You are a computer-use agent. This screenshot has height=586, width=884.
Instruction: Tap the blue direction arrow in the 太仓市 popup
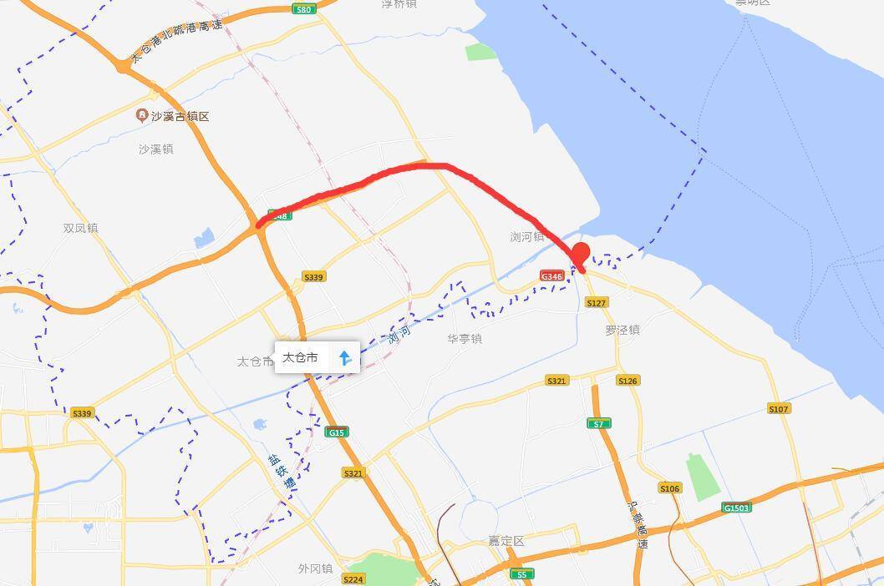coord(344,358)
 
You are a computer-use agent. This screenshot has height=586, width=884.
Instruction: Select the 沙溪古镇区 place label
coord(174,116)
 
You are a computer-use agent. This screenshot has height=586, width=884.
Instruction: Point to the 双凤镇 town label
coord(80,228)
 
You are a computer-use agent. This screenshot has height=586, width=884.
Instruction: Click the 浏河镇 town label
coord(527,237)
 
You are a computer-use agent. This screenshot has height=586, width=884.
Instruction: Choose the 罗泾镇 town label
coord(622,330)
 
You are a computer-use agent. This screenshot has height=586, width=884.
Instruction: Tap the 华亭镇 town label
coord(465,339)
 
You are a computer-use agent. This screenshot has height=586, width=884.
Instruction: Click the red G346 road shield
coord(551,275)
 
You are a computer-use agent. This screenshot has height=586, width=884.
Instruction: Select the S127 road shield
coord(596,303)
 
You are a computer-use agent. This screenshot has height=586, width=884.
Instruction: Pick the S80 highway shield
coord(303,9)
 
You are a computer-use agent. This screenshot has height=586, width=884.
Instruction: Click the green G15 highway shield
coord(337,432)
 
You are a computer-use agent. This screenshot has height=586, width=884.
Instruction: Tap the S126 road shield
coord(627,381)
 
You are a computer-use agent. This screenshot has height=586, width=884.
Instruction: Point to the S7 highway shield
coord(598,424)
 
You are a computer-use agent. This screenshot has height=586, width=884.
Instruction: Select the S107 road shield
coord(778,408)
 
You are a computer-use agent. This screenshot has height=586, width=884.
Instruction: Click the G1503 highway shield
coord(736,508)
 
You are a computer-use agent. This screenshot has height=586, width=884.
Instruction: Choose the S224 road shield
coord(353,579)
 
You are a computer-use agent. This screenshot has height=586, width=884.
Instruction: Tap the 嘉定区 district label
coord(506,541)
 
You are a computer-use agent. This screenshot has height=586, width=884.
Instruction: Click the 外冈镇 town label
coord(315,568)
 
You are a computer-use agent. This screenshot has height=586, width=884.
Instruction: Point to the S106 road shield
coord(669,488)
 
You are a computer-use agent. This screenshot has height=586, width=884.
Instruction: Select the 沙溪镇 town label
coord(156,149)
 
